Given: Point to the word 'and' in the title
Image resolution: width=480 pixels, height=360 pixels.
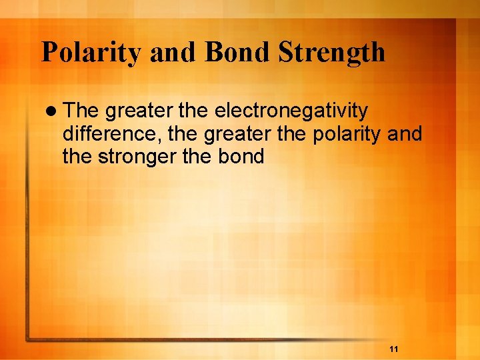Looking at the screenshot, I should (171, 53).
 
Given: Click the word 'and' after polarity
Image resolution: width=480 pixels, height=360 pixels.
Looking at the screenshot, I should (404, 134).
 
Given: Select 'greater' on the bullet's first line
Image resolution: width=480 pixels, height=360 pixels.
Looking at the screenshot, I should (140, 110).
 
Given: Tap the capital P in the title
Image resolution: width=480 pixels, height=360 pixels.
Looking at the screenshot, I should (49, 53).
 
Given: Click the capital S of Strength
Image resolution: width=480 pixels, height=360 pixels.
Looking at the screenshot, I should (285, 53).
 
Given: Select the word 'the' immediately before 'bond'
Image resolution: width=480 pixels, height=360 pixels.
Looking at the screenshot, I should (199, 157).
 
